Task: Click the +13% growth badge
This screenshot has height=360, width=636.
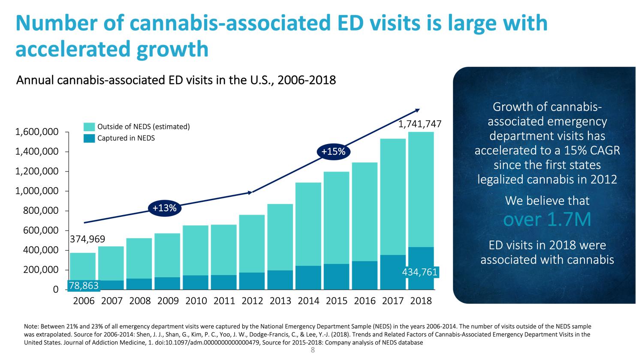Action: pyautogui.click(x=165, y=208)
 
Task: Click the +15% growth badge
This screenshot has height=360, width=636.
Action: pyautogui.click(x=333, y=152)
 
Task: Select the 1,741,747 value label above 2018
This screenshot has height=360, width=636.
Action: pyautogui.click(x=420, y=124)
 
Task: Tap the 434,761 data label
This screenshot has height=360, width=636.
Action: pyautogui.click(x=420, y=272)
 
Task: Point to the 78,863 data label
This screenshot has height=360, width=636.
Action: pyautogui.click(x=84, y=285)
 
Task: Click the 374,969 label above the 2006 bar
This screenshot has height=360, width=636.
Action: pyautogui.click(x=87, y=239)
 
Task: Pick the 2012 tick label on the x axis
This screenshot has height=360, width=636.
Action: pyautogui.click(x=252, y=301)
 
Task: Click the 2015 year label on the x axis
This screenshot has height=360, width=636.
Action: pyautogui.click(x=337, y=301)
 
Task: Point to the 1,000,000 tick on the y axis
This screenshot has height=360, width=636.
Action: pyautogui.click(x=37, y=191)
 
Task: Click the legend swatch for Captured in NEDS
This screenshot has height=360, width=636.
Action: pyautogui.click(x=89, y=138)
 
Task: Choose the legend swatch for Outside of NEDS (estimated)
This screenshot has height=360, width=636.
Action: pyautogui.click(x=89, y=127)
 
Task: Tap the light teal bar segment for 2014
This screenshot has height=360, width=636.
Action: pyautogui.click(x=308, y=223)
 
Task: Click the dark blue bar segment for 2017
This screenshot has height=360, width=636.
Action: pyautogui.click(x=393, y=272)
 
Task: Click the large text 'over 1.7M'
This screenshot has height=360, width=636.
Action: pyautogui.click(x=547, y=219)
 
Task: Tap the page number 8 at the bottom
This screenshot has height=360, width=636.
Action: pyautogui.click(x=313, y=351)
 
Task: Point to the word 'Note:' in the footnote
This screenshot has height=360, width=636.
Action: pyautogui.click(x=32, y=327)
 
